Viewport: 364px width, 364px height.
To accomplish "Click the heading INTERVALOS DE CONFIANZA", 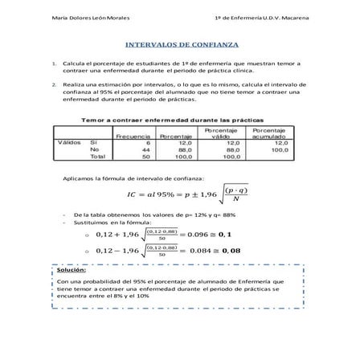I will tap(181, 47).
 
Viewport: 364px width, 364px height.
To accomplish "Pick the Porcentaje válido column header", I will tap(220, 133).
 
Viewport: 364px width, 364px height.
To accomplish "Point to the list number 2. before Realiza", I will tap(52, 83).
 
